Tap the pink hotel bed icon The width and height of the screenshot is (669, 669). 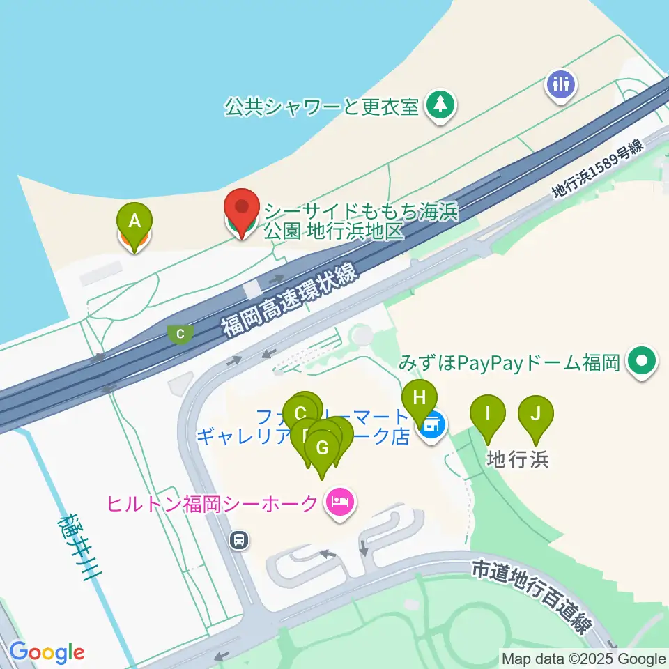point(341,501)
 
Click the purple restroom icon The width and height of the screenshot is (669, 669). point(562,84)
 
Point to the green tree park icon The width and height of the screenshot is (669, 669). point(440,105)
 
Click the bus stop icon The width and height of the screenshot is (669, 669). point(239,539)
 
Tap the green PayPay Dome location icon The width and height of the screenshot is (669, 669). point(641,361)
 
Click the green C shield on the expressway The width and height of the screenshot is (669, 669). point(180,334)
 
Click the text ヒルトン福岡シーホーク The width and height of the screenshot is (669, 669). point(212,502)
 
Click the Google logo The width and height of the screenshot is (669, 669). point(47,652)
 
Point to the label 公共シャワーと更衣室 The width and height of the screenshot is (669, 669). point(321,107)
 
